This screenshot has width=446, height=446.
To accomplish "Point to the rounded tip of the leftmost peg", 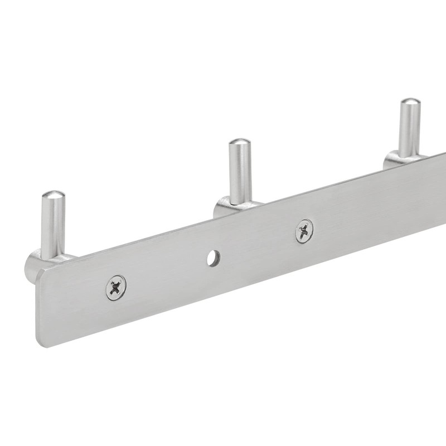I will pos(54,195).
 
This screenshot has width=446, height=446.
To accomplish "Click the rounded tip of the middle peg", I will pos(240,143).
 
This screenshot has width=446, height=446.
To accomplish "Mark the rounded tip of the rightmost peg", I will pos(410,103).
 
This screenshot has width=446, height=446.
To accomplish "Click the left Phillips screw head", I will pos(116,288).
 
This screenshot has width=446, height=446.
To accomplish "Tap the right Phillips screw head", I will pos(304,231).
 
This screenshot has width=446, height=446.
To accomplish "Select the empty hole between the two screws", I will pos(213,258).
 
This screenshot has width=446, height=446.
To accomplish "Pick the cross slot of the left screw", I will pos(116,288).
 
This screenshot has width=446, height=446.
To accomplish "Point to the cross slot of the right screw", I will pos(304,231).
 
